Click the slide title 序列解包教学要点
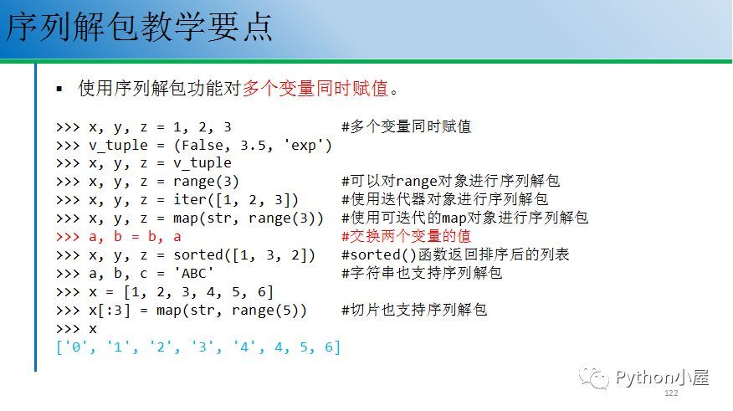coord(139,28)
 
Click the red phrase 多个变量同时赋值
coord(315,88)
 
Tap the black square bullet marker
coord(59,89)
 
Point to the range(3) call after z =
coord(206,182)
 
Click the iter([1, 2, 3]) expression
coord(236,200)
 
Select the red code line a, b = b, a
coord(118,237)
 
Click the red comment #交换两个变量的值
coord(406,236)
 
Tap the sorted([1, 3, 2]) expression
coord(244,255)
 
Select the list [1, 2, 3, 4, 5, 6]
coord(197,292)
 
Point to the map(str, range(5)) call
coord(232,311)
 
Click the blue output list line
coord(198,347)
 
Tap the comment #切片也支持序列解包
coord(414,310)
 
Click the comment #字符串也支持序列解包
coord(422,273)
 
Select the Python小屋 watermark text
coord(663,377)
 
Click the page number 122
coord(671,393)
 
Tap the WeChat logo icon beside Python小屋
coord(594,377)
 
